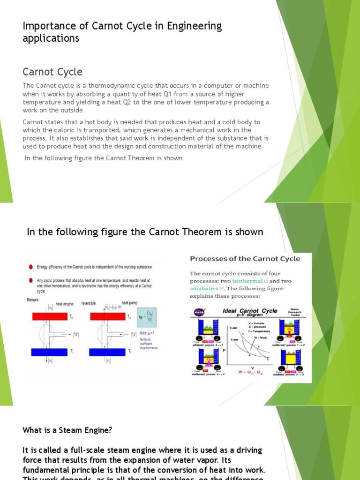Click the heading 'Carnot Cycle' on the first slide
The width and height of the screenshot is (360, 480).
tap(52, 72)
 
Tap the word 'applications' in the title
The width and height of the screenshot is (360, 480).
tap(51, 38)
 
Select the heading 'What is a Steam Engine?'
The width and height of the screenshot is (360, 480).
tap(67, 429)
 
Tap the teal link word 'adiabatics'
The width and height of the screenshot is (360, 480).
tap(204, 288)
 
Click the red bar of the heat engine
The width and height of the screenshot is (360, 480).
tap(50, 316)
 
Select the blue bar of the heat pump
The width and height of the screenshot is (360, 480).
tap(112, 352)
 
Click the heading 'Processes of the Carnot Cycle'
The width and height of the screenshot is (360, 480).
tap(244, 259)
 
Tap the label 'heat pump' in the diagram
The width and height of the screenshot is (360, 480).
tap(129, 303)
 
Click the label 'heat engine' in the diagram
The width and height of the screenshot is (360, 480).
tap(65, 304)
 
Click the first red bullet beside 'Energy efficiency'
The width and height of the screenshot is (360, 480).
tap(30, 267)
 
